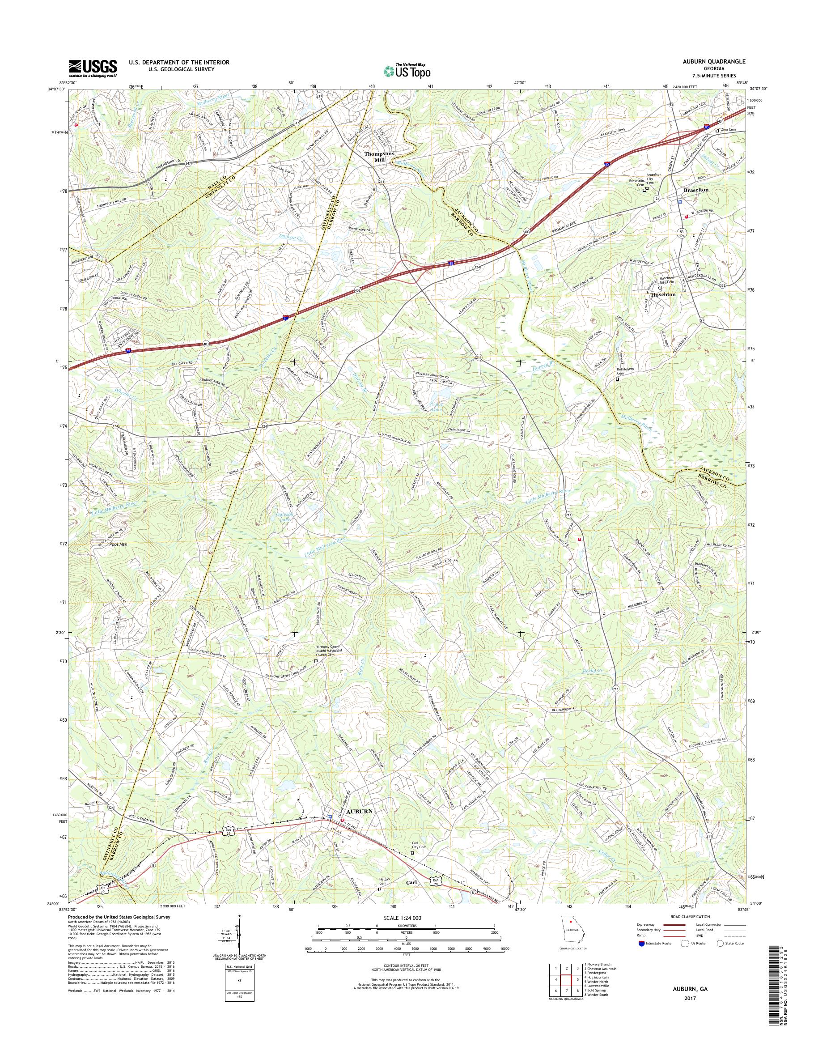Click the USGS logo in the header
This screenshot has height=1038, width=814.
pyautogui.click(x=93, y=68)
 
